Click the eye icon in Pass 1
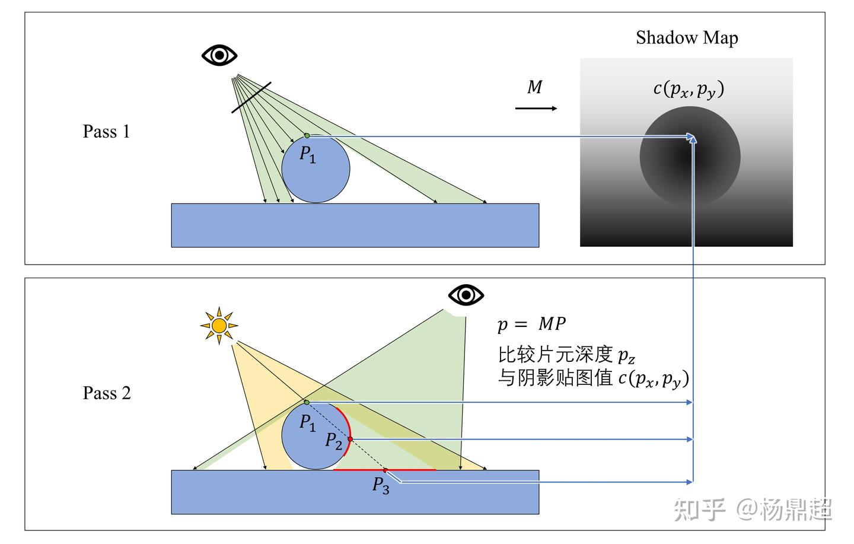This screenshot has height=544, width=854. (x=219, y=55)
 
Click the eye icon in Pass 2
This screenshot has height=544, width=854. (x=466, y=295)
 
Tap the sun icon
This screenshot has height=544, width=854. (x=219, y=326)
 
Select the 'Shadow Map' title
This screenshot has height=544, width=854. (x=687, y=38)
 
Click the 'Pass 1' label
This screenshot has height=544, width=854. (x=106, y=132)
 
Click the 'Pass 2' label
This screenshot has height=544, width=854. (x=107, y=393)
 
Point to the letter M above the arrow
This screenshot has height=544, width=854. (x=534, y=87)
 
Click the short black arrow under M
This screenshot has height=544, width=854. (x=536, y=109)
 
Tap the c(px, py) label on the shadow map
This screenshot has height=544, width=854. (x=689, y=90)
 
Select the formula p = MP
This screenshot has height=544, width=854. (x=531, y=324)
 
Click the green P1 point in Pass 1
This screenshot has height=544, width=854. (x=307, y=136)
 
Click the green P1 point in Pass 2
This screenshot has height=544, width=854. (x=307, y=402)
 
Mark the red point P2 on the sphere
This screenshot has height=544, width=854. (x=350, y=439)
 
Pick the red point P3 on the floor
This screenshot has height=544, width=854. (x=385, y=470)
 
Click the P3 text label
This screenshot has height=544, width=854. (x=381, y=485)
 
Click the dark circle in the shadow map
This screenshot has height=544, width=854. (x=690, y=156)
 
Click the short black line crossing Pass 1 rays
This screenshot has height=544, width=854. (x=251, y=98)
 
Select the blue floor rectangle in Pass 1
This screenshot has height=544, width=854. (x=355, y=225)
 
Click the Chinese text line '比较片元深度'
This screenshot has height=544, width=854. (x=555, y=354)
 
